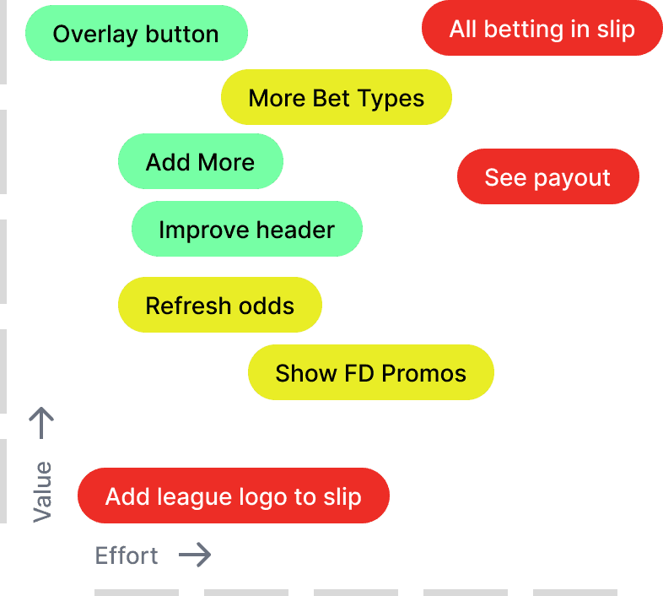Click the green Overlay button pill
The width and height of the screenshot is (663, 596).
[x=136, y=34]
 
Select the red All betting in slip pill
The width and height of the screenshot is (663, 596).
[x=542, y=29]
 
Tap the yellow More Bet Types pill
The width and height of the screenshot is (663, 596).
[x=336, y=98]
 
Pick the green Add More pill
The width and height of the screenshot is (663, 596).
[x=200, y=162]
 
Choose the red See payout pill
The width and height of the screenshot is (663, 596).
[x=547, y=177]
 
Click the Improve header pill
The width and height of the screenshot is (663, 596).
[x=246, y=230]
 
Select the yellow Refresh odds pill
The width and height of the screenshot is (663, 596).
[x=219, y=306]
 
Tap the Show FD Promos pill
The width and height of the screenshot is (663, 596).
[x=370, y=373]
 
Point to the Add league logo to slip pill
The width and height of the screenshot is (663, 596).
[x=233, y=496]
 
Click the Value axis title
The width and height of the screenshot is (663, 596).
[x=42, y=492]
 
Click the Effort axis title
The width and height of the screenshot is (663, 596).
[x=127, y=555]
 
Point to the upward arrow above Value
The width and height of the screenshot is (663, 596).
[x=41, y=423]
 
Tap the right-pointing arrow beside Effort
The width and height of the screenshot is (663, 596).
[x=195, y=555]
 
